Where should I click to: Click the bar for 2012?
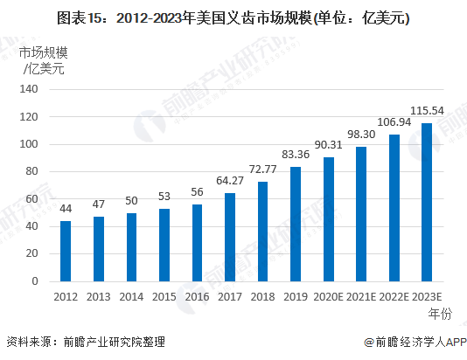(x=66, y=252)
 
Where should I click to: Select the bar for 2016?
(x=197, y=244)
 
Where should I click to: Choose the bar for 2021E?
(x=361, y=214)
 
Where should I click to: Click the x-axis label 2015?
(x=164, y=297)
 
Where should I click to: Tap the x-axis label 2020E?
(x=328, y=297)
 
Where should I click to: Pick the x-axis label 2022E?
(x=394, y=297)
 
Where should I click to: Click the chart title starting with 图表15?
(x=233, y=16)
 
